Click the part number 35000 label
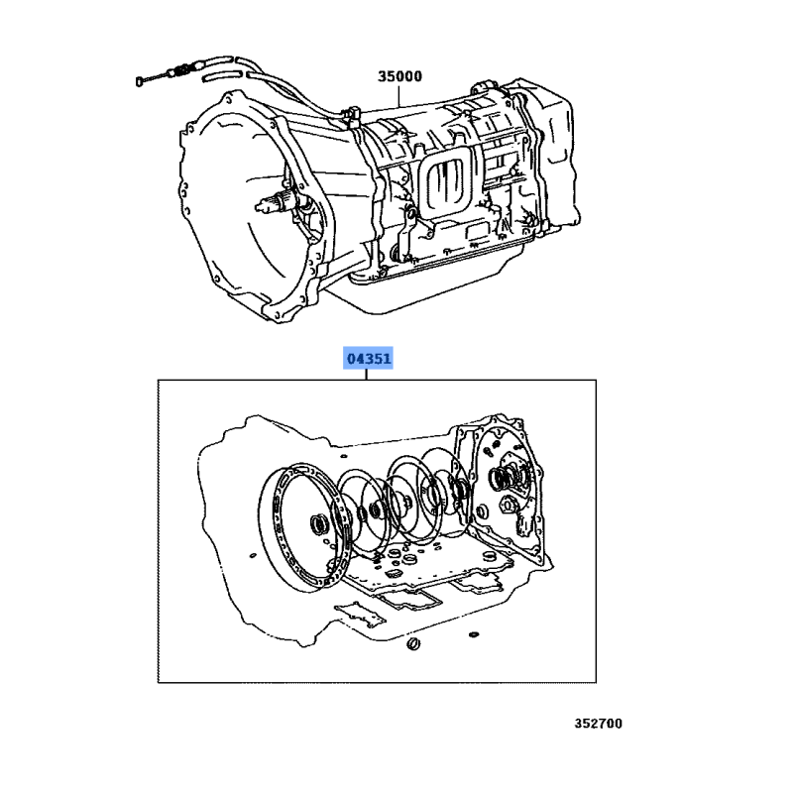tap(399, 76)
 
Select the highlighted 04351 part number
tap(368, 359)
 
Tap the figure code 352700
tap(599, 724)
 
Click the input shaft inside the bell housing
tap(275, 203)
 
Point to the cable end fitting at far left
tap(140, 81)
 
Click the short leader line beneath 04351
tap(366, 375)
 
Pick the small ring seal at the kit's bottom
tap(413, 644)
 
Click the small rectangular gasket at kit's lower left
tap(360, 614)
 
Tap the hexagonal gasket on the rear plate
tap(507, 504)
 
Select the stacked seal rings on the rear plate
tap(501, 478)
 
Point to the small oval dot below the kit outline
tap(474, 634)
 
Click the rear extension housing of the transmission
tap(550, 152)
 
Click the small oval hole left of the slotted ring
tap(253, 556)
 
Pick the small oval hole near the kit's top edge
tap(344, 456)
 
